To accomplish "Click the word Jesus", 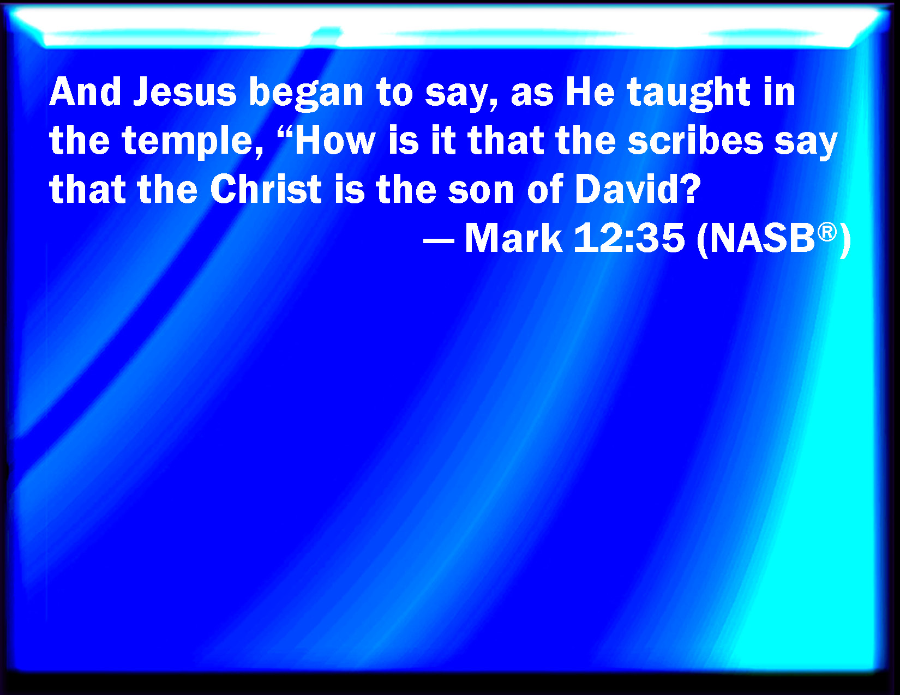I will [x=185, y=92].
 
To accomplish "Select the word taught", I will [x=688, y=92].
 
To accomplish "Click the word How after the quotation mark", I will [x=335, y=141].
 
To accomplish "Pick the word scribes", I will [x=695, y=141].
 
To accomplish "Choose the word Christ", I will [x=266, y=190].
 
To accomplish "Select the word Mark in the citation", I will [x=513, y=239].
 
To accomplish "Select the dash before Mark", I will [x=439, y=240].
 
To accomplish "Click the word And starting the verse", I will [x=85, y=92].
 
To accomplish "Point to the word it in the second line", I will [x=443, y=141].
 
